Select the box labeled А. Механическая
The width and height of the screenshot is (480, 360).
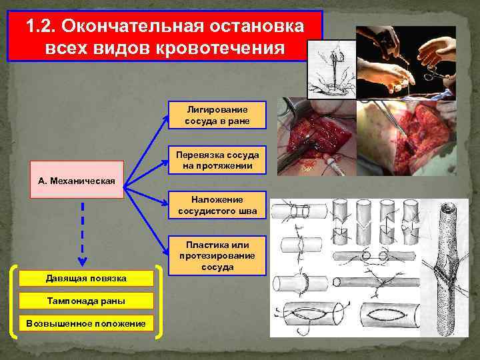pyautogui.click(x=77, y=180)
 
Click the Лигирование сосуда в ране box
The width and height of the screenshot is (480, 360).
pyautogui.click(x=217, y=115)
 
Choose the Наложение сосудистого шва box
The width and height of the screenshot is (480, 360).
pyautogui.click(x=217, y=205)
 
